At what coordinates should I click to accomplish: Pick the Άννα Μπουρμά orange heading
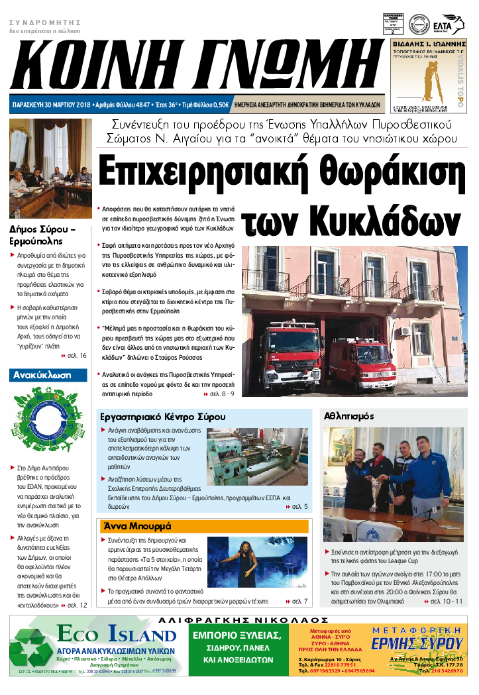pos(136,526)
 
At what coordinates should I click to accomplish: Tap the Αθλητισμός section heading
pos(349,417)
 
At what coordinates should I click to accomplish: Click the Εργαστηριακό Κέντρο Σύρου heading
pos(163,417)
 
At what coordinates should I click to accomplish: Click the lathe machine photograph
pos(257,456)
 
